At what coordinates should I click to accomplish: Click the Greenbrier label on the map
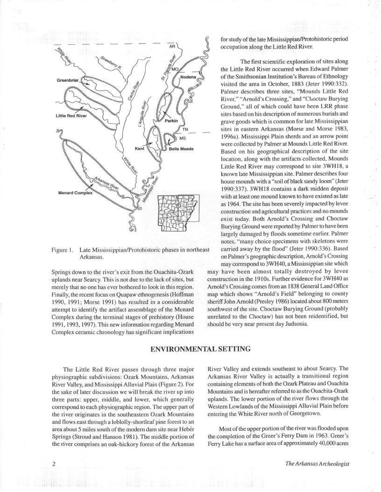(x=68, y=80)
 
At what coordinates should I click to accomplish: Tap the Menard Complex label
(x=75, y=192)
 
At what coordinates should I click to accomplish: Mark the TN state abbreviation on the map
(x=185, y=129)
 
